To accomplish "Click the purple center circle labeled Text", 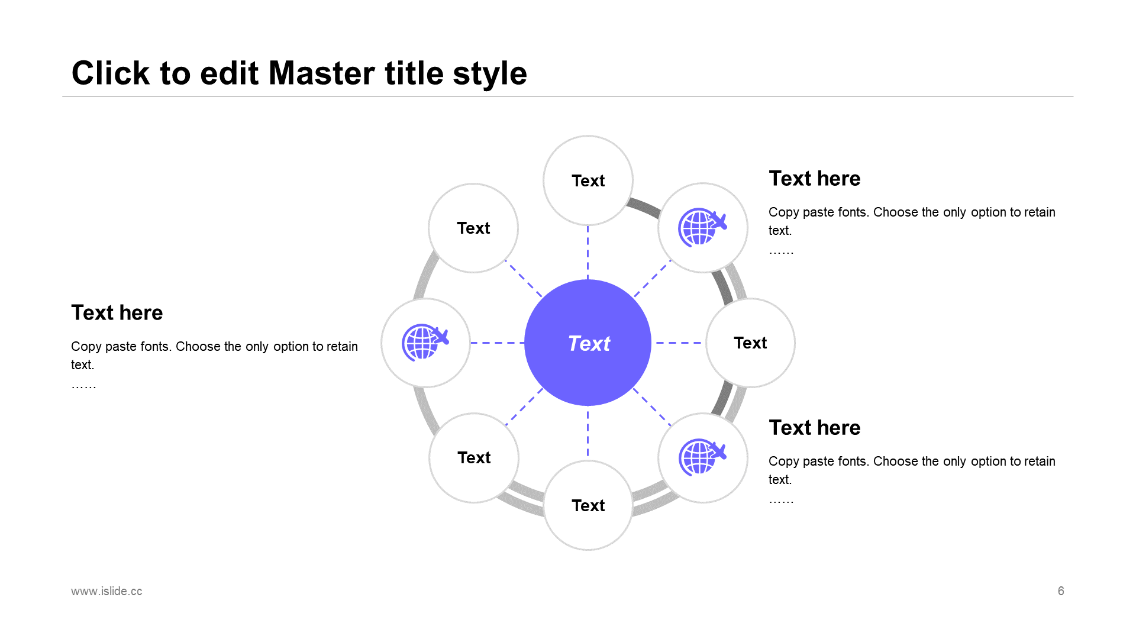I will click(x=588, y=343).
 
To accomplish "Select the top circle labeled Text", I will click(x=588, y=180).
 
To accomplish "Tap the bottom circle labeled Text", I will click(x=588, y=505).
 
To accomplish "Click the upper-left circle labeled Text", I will click(x=473, y=228).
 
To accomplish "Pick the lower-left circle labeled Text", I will click(x=473, y=457).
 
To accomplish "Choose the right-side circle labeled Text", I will click(x=750, y=343).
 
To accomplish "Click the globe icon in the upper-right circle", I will click(x=702, y=227).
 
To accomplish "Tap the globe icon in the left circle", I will click(x=425, y=343).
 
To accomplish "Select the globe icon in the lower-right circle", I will click(x=702, y=457).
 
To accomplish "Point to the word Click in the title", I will click(x=111, y=73).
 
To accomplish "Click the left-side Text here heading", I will click(x=117, y=312).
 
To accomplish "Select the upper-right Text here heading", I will click(x=814, y=179).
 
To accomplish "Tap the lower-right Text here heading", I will click(x=814, y=428).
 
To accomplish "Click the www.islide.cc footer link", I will click(x=106, y=591).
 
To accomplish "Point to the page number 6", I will click(x=1061, y=591).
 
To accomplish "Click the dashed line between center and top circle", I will click(x=588, y=253).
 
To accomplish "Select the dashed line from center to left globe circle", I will click(x=497, y=343).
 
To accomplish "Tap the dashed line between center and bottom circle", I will click(x=588, y=433).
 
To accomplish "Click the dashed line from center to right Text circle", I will click(x=679, y=343).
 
